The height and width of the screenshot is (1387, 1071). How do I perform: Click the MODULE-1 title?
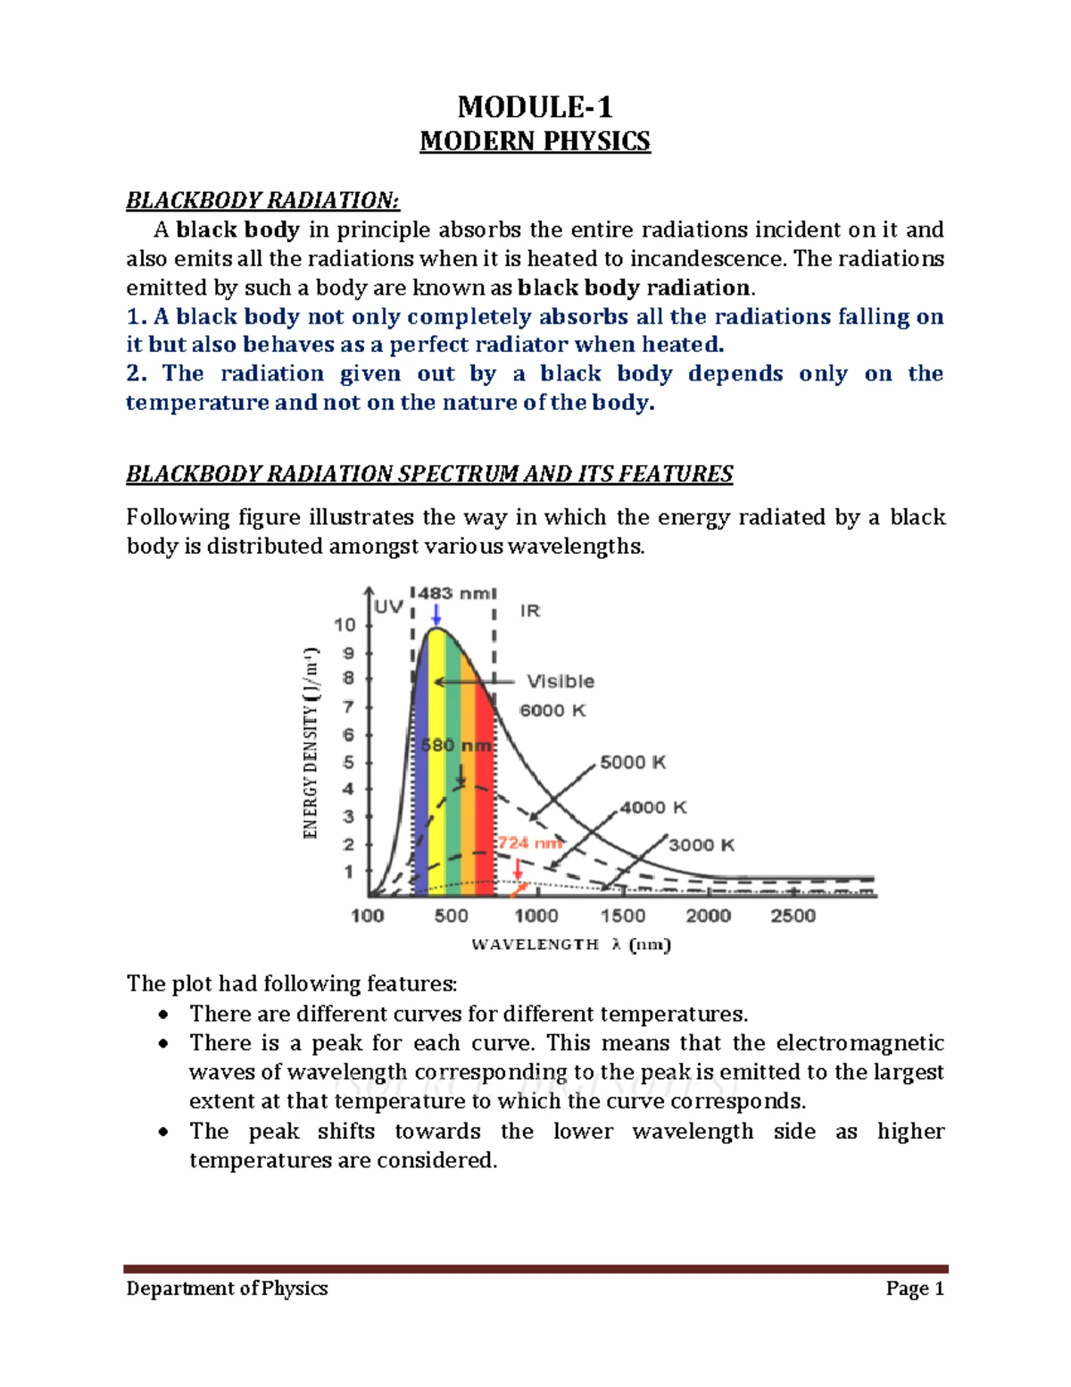(535, 108)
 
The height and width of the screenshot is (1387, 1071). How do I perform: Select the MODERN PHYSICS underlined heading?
(535, 142)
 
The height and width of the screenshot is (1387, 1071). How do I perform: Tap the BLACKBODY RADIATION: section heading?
(262, 199)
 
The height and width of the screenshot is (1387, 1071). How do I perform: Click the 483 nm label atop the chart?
(452, 593)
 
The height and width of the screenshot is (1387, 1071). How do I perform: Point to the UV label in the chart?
(388, 608)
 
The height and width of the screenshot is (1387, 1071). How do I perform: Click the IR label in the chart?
(530, 611)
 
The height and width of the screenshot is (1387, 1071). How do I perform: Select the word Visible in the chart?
(560, 681)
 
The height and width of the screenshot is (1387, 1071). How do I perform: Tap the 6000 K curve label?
(552, 711)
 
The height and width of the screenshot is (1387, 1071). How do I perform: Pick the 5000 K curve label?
(633, 762)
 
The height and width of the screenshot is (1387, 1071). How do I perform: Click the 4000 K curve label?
(653, 807)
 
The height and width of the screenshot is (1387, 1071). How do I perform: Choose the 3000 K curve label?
(702, 845)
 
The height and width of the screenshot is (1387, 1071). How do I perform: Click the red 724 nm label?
(529, 842)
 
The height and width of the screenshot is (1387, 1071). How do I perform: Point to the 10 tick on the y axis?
(345, 625)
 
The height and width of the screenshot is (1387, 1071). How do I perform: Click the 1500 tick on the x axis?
(622, 915)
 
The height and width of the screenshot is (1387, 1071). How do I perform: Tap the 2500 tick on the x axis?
(793, 915)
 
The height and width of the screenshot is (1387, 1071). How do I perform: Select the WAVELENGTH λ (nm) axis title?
(570, 945)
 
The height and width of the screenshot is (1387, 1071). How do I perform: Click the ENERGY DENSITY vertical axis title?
(311, 741)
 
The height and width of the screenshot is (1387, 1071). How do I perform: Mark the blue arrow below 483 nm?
(436, 615)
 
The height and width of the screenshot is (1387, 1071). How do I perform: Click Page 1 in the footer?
(915, 1289)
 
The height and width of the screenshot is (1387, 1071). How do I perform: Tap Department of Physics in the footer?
(227, 1289)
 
